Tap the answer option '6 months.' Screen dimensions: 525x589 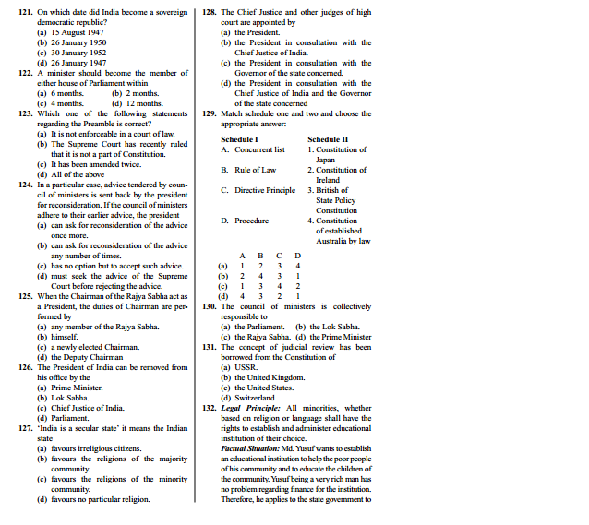62,92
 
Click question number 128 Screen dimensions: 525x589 210,12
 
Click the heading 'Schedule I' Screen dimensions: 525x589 239,138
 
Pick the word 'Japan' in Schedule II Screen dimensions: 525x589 326,160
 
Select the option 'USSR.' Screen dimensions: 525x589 245,367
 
